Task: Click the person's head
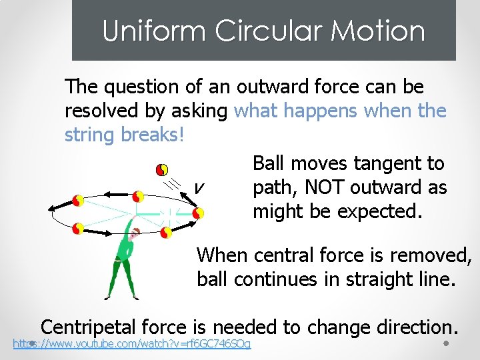click(x=136, y=233)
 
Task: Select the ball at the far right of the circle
click(x=197, y=213)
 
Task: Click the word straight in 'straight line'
click(x=374, y=279)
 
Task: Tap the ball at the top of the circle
click(x=138, y=197)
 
